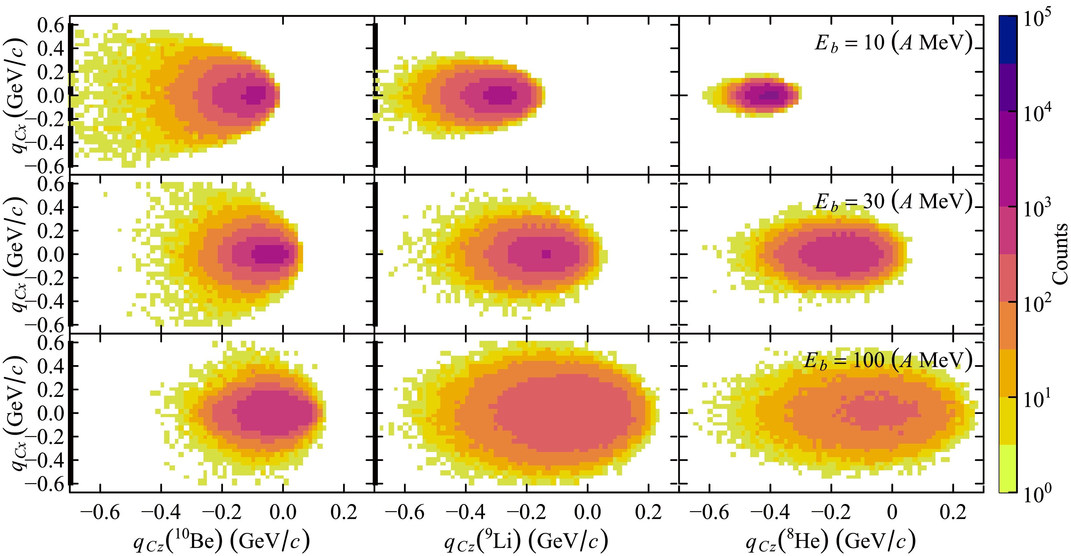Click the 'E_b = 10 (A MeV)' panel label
tap(893, 43)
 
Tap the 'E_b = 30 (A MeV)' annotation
tap(893, 201)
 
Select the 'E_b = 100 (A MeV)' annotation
tap(888, 360)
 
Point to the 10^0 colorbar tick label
tap(1039, 495)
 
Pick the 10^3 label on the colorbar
tap(1039, 208)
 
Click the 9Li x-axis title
tap(526, 541)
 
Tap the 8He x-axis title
tap(831, 541)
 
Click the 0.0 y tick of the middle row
tap(51, 255)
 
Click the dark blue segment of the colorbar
tap(1008, 39)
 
